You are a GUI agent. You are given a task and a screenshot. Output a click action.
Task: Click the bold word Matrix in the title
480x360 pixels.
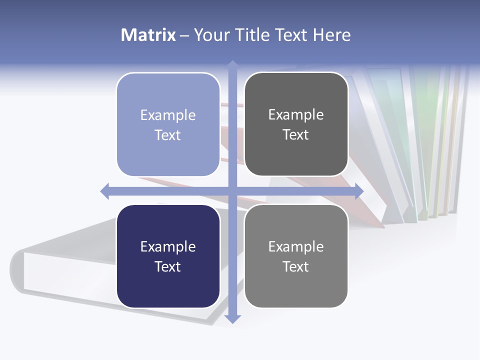click(148, 35)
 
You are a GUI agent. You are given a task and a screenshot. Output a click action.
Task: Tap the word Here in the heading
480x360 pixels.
click(331, 35)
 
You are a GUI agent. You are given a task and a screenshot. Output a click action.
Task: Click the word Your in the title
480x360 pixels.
click(212, 35)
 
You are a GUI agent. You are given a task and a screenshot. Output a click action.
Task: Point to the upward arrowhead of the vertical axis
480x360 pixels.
click(232, 64)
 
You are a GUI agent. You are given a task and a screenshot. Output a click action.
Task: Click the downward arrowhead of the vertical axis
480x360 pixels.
click(232, 318)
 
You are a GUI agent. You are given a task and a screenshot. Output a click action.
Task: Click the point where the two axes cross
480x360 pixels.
click(232, 191)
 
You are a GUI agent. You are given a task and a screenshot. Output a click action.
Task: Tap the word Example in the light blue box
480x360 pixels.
click(168, 115)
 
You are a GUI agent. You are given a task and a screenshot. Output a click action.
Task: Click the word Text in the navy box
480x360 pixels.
click(168, 267)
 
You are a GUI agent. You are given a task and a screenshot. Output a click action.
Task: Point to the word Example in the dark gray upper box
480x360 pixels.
click(296, 115)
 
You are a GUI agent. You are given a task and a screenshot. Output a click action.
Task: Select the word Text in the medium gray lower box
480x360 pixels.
click(296, 267)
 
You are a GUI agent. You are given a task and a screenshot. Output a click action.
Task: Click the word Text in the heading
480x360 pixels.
click(292, 35)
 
